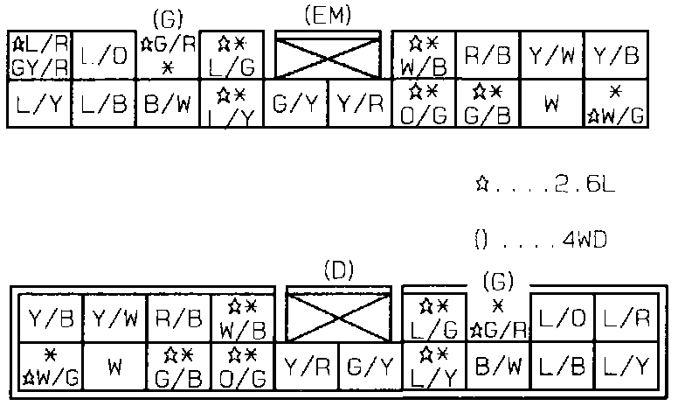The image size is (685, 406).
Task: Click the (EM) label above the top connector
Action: click(x=327, y=15)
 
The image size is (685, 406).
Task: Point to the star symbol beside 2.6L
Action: click(x=481, y=185)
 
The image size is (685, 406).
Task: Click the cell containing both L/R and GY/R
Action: click(x=38, y=56)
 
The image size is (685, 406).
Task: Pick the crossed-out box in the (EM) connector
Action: click(x=328, y=56)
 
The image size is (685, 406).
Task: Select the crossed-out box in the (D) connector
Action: click(x=339, y=317)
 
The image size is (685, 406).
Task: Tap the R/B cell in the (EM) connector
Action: click(x=488, y=56)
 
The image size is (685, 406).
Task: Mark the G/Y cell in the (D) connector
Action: click(x=370, y=367)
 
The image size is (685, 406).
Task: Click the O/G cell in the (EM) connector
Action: click(x=424, y=104)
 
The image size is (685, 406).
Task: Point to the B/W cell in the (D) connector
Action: click(x=499, y=367)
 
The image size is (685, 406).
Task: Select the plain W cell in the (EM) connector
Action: click(x=551, y=104)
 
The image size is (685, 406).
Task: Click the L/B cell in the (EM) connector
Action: click(x=103, y=104)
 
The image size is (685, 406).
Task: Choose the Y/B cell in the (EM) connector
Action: click(x=615, y=56)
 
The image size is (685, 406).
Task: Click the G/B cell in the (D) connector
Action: click(x=179, y=367)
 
